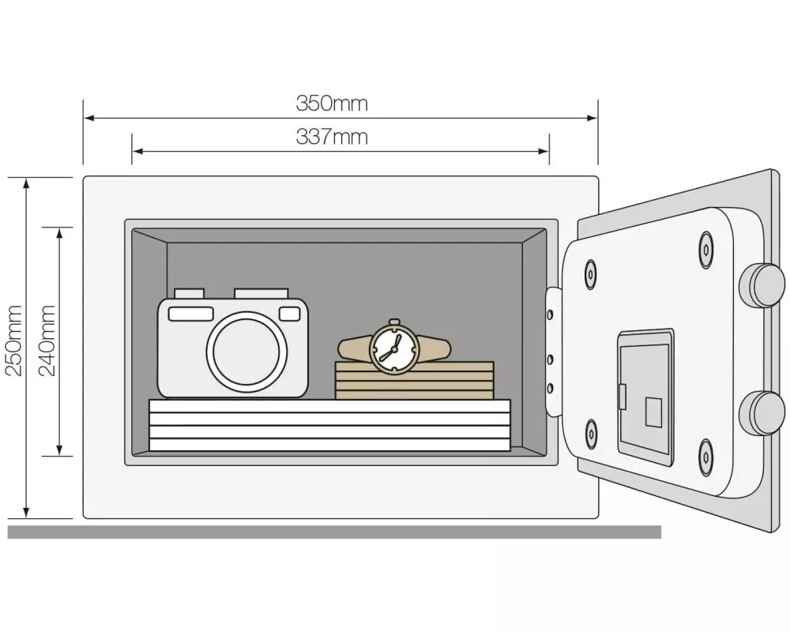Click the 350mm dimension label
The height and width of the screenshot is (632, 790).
coord(332,103)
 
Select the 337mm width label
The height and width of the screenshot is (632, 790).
coord(332,137)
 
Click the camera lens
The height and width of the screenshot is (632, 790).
coord(247,350)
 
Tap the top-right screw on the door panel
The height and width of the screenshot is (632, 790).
coord(706,250)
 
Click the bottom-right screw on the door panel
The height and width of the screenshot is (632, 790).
coord(706,456)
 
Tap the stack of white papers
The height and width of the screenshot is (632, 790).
coord(330,426)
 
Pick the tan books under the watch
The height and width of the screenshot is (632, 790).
coord(415,381)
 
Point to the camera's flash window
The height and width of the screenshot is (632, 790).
coord(190,314)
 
